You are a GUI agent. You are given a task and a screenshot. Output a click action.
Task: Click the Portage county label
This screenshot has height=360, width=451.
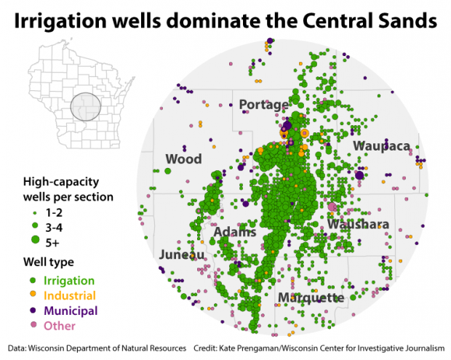(263, 105)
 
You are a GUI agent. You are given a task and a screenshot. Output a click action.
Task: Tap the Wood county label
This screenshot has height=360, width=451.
(183, 159)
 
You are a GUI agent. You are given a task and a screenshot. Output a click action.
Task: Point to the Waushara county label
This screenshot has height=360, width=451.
(358, 225)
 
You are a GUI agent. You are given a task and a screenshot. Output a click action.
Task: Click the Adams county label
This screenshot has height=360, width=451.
(235, 233)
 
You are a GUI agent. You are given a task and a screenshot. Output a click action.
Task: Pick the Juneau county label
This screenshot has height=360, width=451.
(182, 255)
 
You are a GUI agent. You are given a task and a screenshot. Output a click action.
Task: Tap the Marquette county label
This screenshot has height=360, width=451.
(310, 298)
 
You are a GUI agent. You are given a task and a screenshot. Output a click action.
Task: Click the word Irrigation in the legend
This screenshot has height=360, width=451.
(69, 280)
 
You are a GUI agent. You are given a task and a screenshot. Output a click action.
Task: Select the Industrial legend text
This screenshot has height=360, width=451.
(70, 295)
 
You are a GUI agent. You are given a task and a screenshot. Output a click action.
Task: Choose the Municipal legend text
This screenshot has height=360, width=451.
(71, 311)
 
